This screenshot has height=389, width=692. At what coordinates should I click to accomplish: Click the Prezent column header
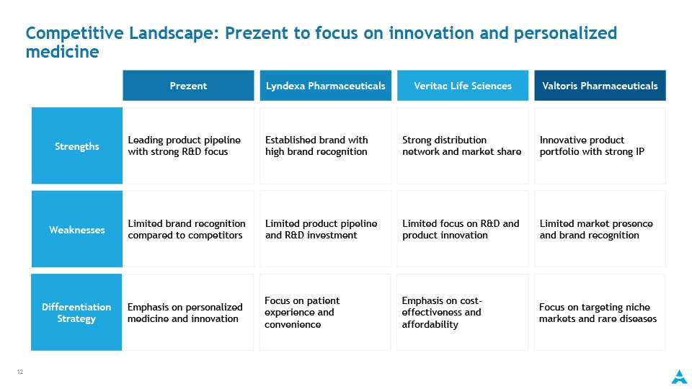pos(188,86)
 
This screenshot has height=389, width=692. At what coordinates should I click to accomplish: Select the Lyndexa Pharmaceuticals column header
pos(326,86)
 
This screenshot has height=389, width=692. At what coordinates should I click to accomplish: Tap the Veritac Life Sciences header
pos(463,86)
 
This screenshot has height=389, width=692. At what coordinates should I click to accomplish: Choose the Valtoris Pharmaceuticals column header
pos(600,86)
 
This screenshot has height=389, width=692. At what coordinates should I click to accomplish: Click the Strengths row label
pos(77,146)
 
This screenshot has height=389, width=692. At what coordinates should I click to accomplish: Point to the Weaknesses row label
pos(77,229)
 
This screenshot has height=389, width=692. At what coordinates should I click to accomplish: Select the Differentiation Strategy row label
pos(76,313)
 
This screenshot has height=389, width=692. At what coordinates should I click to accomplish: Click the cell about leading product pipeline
pos(188,146)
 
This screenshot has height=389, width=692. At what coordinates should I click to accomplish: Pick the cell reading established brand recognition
pos(326,146)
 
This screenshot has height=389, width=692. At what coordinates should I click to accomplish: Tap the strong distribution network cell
pos(463,146)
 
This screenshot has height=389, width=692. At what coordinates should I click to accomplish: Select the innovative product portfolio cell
pos(600,146)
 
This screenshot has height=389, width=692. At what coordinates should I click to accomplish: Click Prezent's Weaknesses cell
pos(188,229)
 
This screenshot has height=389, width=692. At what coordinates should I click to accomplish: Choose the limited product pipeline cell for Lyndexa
pos(326,229)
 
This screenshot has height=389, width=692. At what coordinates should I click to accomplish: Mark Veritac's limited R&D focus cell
pos(463,229)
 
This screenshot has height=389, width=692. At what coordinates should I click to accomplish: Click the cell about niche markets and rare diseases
pos(599,313)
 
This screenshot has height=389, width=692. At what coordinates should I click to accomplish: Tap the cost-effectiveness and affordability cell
pos(462,313)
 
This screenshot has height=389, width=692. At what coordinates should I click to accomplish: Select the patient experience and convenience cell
pos(325,313)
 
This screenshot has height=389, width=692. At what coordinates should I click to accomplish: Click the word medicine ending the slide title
pos(62,52)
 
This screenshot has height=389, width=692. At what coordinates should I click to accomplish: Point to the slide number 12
pos(20,372)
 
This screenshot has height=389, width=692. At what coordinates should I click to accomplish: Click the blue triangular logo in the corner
pos(679,377)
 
